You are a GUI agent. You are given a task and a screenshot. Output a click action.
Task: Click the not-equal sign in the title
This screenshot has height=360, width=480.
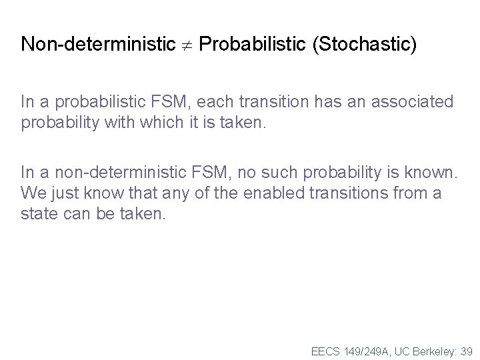[188, 46]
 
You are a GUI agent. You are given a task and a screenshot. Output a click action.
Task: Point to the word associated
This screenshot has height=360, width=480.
[409, 102]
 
